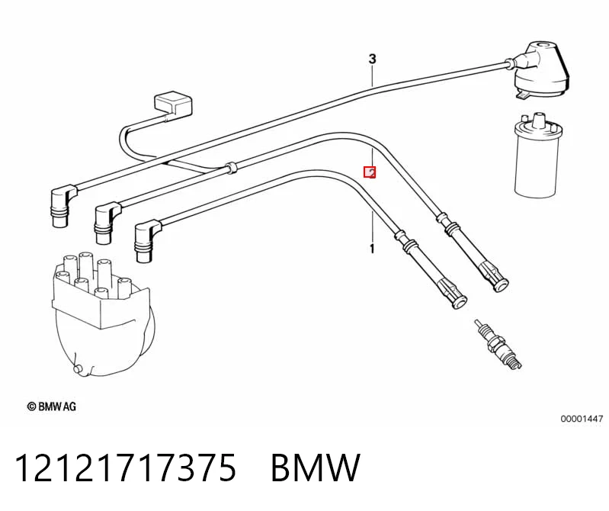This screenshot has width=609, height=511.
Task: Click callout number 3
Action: pyautogui.click(x=372, y=59)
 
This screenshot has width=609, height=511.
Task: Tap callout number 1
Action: pyautogui.click(x=372, y=249)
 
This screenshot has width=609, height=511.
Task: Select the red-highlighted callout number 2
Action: pyautogui.click(x=370, y=172)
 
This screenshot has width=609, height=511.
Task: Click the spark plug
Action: pyautogui.click(x=498, y=344)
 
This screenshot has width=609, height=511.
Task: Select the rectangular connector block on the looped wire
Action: pyautogui.click(x=174, y=104)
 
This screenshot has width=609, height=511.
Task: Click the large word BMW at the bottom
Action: pyautogui.click(x=316, y=468)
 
